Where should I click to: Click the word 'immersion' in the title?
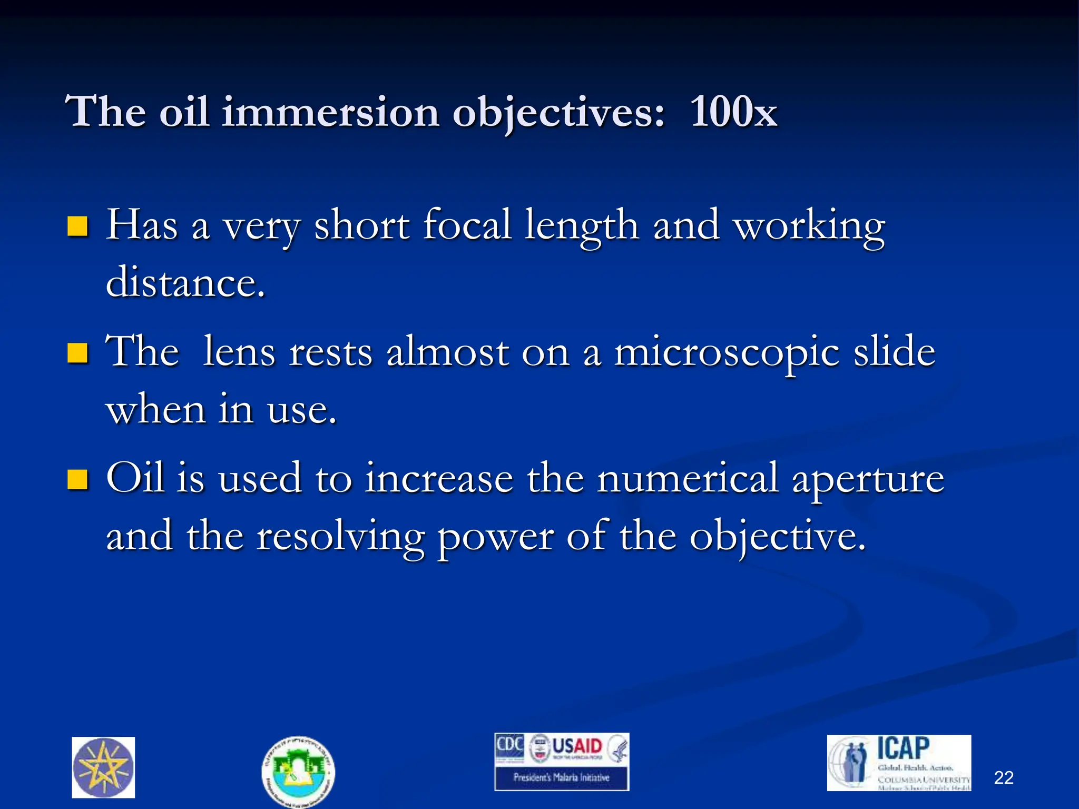coord(330,112)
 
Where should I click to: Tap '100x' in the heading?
coord(733,112)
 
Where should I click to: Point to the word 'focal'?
coord(467,225)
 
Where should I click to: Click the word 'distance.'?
coord(185,283)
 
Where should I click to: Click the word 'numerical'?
coord(688,478)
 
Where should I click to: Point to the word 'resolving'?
coord(340,537)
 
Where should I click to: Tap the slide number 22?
coord(1004,778)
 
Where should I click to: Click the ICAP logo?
coord(899,762)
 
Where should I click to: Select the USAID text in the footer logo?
coord(577,746)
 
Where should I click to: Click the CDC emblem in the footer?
coord(509,746)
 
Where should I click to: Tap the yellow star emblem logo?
coord(103,767)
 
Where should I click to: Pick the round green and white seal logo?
coord(298,771)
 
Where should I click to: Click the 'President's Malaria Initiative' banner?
coord(562,777)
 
